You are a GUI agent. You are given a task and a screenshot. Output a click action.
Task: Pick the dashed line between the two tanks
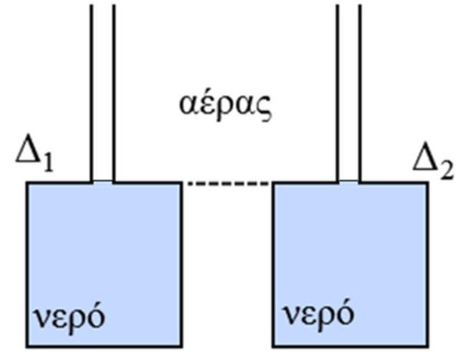click(x=227, y=183)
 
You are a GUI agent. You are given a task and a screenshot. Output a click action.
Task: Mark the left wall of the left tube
click(x=92, y=92)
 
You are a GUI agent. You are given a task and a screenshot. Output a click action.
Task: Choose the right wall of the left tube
click(x=114, y=92)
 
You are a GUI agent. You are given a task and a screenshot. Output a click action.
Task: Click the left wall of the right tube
click(x=339, y=92)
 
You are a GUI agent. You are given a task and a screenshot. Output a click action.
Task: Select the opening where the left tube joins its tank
click(x=103, y=183)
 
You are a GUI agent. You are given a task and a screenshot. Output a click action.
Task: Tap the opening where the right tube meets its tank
click(x=349, y=183)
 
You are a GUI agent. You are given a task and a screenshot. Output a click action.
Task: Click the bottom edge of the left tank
click(x=104, y=344)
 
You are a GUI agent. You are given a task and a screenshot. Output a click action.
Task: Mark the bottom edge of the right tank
click(x=351, y=344)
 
